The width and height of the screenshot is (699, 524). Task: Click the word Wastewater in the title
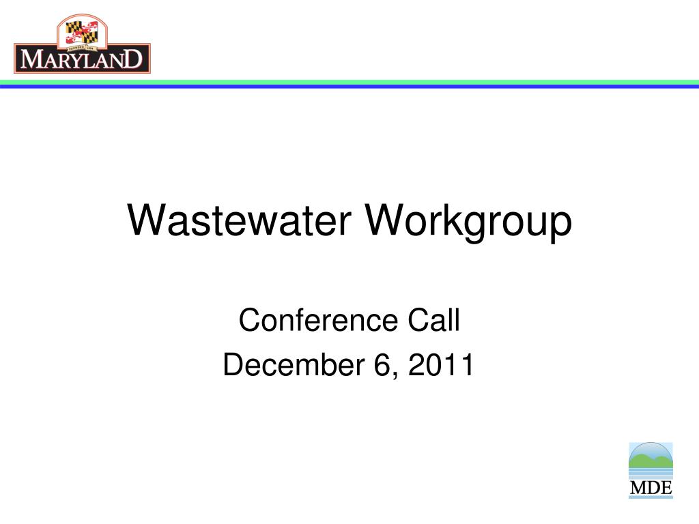239,220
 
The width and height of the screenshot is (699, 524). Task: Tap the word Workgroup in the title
468,222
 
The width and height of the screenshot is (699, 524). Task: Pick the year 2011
441,364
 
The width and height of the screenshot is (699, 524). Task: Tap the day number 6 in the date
382,364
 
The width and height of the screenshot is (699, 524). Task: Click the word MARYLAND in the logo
82,59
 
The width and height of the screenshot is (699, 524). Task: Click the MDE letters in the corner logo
651,487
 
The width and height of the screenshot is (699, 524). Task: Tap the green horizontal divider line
349,83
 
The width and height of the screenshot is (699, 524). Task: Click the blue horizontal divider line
349,87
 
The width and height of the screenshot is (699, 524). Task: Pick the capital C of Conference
250,320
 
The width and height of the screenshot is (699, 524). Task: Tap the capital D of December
235,364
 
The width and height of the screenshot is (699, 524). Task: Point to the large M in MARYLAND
31,59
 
